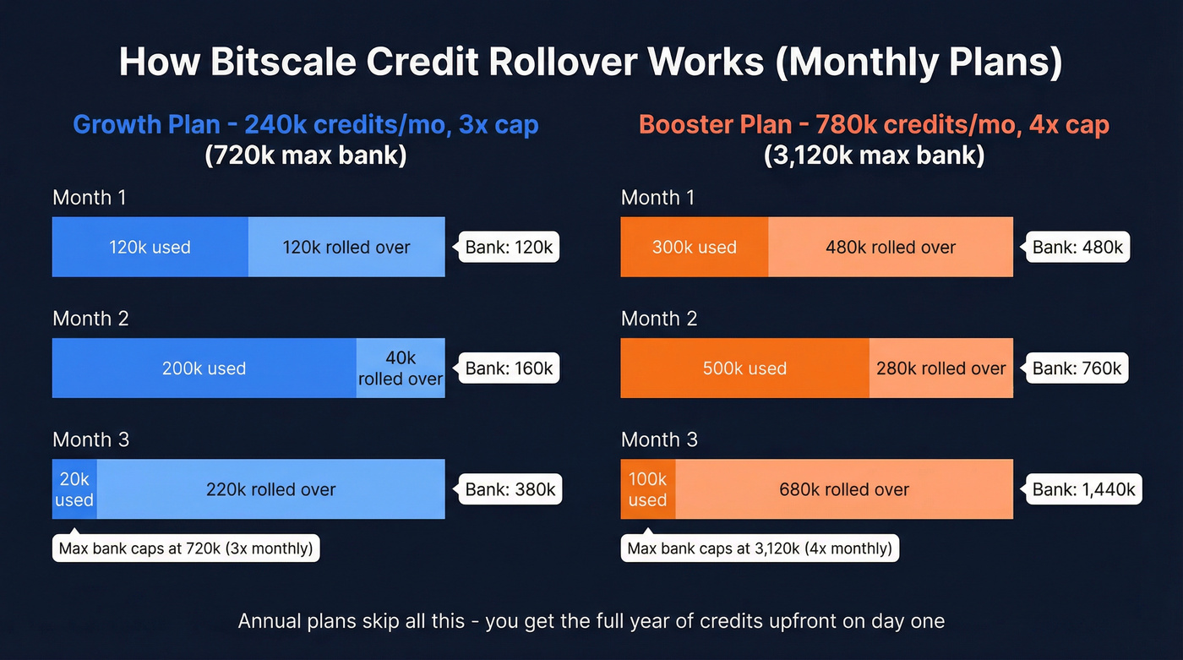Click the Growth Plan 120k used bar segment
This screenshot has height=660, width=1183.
150,247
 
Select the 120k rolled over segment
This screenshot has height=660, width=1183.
346,247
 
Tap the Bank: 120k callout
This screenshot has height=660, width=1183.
510,247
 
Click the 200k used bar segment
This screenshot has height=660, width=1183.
204,368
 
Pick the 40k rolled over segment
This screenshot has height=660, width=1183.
401,368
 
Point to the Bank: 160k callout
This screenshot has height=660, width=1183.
510,368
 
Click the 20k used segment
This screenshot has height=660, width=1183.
74,489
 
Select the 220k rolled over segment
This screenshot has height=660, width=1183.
270,489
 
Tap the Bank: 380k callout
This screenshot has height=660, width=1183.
510,489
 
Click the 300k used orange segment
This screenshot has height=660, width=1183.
694,247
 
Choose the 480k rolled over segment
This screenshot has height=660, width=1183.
891,247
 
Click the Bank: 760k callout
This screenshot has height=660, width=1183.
1077,368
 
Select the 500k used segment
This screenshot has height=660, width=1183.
744,368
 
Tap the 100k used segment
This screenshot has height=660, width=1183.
648,489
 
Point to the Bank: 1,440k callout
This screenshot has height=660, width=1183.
1084,489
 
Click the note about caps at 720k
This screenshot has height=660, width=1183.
186,548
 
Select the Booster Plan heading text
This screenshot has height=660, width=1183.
874,125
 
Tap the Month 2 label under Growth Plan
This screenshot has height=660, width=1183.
90,319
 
